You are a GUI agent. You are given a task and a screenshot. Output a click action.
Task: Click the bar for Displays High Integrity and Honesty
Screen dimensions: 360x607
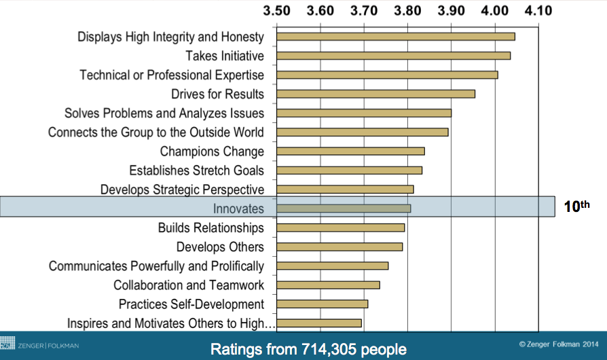click(395, 37)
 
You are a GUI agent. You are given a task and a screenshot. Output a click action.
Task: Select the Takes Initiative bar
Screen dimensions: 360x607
click(393, 56)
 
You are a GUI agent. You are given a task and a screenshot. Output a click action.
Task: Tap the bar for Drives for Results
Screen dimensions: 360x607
click(375, 94)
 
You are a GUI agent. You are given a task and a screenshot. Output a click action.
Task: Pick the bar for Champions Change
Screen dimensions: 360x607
click(350, 151)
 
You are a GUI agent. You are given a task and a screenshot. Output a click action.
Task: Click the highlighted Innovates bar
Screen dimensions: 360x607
click(344, 209)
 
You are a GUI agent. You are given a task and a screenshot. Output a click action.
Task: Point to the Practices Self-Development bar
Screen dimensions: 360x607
click(322, 304)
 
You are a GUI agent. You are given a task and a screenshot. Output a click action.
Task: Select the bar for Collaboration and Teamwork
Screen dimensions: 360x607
click(328, 285)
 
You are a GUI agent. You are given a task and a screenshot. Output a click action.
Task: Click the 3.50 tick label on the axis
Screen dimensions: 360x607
click(276, 11)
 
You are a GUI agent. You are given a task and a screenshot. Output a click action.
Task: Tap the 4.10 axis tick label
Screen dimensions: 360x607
click(538, 11)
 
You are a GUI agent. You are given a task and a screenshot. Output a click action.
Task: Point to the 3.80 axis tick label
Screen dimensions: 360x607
click(407, 11)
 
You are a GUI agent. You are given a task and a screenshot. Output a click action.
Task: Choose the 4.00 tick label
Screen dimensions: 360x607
click(495, 11)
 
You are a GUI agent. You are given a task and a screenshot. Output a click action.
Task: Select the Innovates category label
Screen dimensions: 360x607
click(238, 209)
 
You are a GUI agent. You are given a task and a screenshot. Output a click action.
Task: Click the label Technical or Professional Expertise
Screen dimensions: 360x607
click(172, 75)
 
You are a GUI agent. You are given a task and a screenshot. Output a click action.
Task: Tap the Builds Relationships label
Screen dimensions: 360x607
click(211, 228)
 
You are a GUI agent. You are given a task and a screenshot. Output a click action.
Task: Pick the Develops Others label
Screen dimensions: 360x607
click(220, 247)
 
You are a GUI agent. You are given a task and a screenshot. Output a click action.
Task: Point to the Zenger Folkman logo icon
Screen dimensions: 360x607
click(7, 345)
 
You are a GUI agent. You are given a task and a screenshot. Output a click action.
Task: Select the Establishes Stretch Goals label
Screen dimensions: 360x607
click(196, 170)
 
